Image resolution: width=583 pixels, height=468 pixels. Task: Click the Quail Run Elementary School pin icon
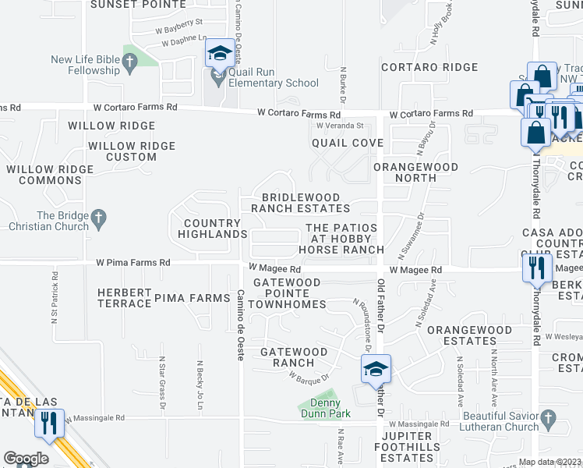[x=219, y=55]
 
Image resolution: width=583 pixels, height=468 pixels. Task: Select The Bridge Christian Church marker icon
[x=98, y=221]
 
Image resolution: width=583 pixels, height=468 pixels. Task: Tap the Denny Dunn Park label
[x=326, y=409]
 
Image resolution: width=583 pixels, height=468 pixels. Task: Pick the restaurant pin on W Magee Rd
[x=535, y=268]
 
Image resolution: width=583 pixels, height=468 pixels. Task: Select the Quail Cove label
[x=347, y=144]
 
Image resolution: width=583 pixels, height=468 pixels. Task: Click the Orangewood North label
[x=405, y=172]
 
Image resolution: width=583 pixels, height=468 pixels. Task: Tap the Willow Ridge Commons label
[x=44, y=175]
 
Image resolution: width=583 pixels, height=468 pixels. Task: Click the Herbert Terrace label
[x=124, y=297]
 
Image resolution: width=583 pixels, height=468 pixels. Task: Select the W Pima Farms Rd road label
[x=132, y=263]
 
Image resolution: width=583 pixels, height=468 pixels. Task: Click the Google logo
[x=26, y=459]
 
